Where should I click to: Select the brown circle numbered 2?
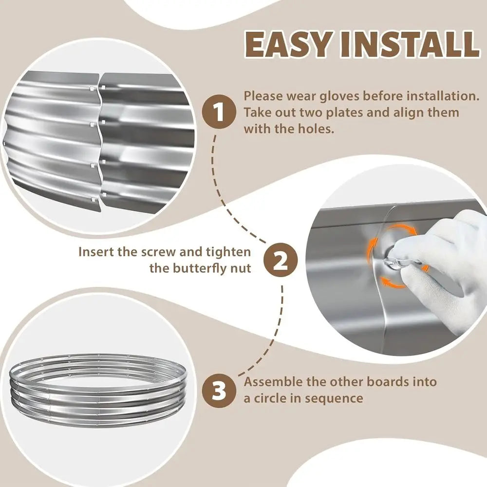(281, 260)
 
